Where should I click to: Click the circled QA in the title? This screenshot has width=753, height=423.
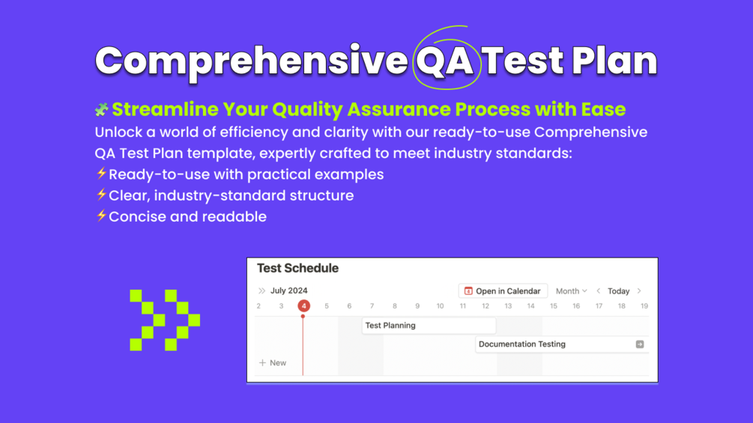445,61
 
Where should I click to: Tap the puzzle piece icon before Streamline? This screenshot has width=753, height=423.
101,109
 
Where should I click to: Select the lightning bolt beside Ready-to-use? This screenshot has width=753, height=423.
101,174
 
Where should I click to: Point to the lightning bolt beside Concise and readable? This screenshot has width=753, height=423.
101,216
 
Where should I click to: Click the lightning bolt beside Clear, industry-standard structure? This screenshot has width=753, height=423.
101,195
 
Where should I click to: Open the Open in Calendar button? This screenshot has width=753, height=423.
503,291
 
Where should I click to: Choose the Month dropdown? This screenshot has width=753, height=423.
571,291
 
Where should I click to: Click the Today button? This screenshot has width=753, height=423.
619,291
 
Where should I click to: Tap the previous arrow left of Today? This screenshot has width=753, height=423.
599,291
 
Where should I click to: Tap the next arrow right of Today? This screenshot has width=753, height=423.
639,291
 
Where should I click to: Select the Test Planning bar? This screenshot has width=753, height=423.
429,326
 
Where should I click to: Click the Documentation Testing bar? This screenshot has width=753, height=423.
562,344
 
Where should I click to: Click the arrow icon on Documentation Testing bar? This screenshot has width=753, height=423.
640,344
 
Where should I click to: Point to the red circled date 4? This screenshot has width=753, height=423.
303,306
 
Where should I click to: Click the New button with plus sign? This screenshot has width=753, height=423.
273,363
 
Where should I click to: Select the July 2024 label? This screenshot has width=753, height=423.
288,290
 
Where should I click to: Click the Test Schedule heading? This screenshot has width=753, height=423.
297,268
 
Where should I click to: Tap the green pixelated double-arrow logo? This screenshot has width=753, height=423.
165,320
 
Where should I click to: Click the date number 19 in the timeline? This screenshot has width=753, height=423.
644,306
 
